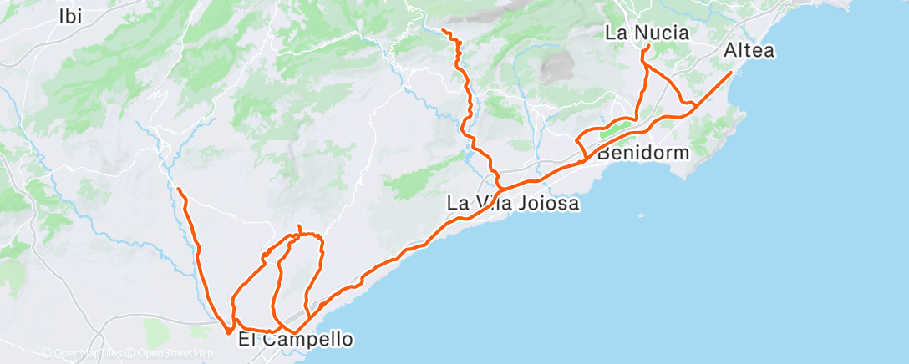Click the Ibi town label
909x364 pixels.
pos(72,16)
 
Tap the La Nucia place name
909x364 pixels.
pos(647,33)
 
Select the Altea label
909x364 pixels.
pos(749,51)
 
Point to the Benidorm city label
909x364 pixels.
pos(643,154)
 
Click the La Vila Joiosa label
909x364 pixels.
pos(513,203)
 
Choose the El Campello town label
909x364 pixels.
pos(295,340)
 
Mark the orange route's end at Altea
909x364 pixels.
pos(731,73)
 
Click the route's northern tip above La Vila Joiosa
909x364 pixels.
pos(443,32)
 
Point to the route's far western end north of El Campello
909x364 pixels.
pos(179,189)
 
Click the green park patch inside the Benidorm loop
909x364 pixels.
pos(616,129)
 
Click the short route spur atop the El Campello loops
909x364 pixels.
pos(299,229)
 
